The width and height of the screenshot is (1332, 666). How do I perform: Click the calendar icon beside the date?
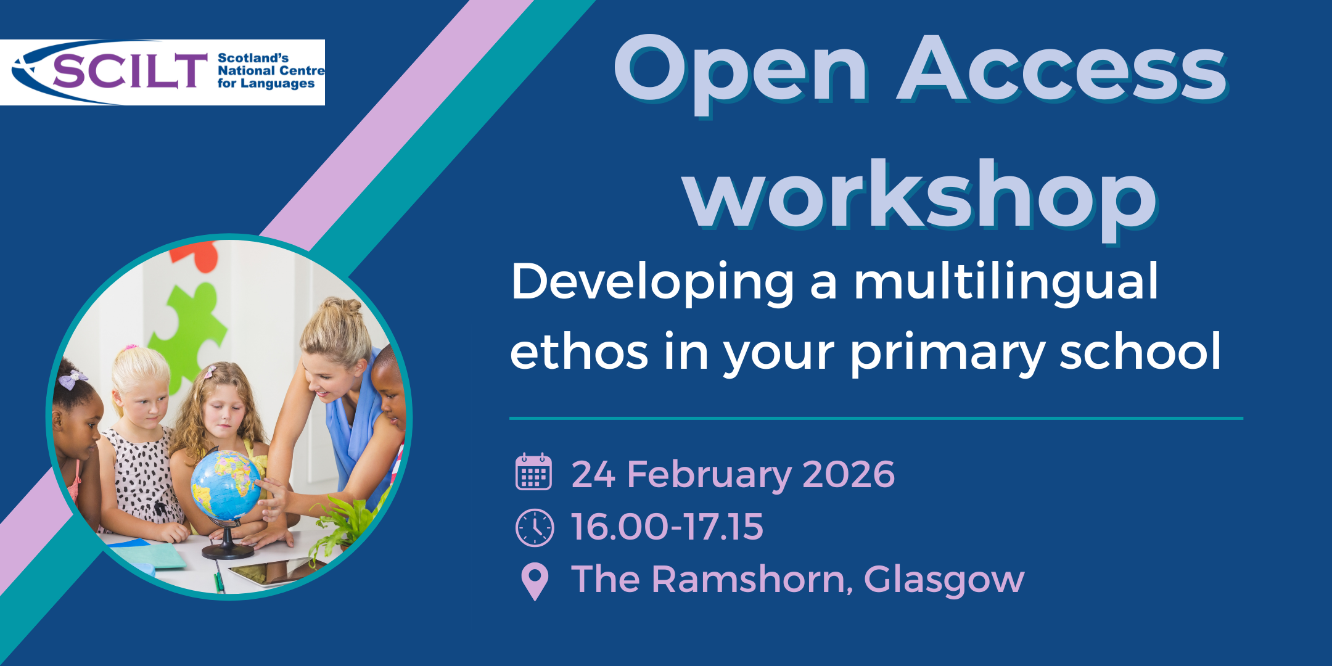click(533, 472)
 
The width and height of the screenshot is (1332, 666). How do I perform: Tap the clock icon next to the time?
click(534, 528)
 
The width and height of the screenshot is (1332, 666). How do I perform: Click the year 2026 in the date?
click(849, 474)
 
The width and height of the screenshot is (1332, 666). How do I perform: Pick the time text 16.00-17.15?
click(667, 527)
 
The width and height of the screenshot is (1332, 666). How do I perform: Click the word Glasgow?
click(943, 581)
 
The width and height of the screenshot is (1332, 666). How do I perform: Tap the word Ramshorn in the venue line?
click(752, 580)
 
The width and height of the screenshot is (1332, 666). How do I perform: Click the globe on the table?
click(226, 484)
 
